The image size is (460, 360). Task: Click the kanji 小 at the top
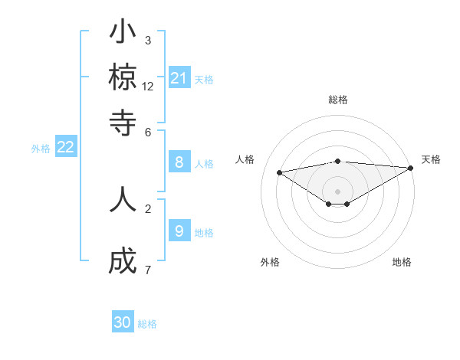point(123,34)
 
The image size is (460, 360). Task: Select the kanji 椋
point(123,77)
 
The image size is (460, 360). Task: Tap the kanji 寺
point(123,121)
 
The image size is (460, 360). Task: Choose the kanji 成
point(123,263)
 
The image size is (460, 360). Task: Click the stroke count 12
point(148,86)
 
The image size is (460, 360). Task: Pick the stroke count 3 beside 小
point(147,40)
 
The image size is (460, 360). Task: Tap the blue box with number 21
point(179,78)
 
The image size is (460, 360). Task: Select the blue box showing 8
point(179,162)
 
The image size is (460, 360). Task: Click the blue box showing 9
point(179,231)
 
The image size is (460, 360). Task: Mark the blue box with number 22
point(65,148)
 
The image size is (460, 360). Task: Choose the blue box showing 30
point(123,322)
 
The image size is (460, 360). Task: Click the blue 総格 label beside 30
point(147,324)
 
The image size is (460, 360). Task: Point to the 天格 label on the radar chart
point(431,159)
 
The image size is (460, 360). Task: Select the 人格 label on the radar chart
point(245,159)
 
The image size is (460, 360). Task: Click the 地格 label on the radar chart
point(402,262)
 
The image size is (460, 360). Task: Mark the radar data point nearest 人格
point(280,172)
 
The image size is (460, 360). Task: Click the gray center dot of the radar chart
point(338,191)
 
